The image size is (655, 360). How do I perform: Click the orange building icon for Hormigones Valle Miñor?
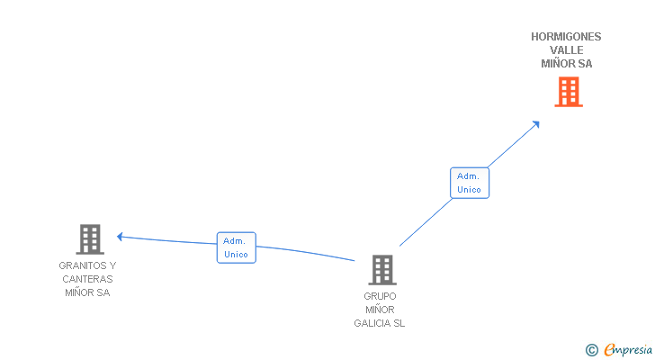[568, 92]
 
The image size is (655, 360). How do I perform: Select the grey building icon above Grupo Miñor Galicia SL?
[381, 270]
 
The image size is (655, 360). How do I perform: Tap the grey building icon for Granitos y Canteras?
[89, 239]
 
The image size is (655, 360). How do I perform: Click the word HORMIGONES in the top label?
[566, 37]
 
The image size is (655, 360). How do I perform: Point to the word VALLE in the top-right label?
[567, 50]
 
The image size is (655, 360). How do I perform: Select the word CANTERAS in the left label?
[87, 279]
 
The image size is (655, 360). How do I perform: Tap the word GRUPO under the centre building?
[380, 296]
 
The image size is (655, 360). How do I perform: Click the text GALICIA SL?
[380, 323]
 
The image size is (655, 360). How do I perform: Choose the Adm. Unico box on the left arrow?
[237, 247]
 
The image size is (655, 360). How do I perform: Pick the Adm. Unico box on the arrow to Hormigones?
[469, 183]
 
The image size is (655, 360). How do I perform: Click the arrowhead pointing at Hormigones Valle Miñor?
[536, 123]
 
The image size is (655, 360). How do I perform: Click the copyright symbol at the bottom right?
[591, 349]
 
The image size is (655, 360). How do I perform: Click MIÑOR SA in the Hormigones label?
[567, 64]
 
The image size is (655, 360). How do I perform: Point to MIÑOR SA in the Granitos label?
[87, 292]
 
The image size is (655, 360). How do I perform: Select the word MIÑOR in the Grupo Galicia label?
[380, 310]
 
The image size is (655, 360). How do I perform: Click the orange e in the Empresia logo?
[609, 349]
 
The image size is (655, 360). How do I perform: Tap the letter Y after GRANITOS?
[112, 265]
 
